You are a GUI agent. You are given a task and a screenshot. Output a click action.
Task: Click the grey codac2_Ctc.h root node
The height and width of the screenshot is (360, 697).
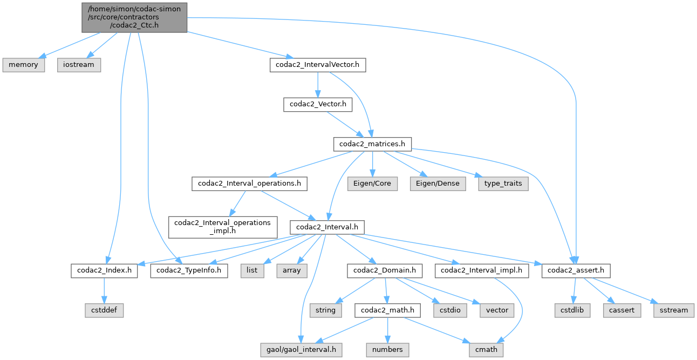[x=135, y=17]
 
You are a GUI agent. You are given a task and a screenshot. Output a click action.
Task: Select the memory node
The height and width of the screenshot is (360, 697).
[x=23, y=65]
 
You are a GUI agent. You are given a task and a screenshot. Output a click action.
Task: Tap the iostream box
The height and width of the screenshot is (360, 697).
[x=79, y=65]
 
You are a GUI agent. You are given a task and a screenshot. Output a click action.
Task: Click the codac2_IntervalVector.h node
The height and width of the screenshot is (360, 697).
[x=318, y=65]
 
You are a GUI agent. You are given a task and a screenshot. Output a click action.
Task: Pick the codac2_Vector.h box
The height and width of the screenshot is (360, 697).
[x=318, y=105]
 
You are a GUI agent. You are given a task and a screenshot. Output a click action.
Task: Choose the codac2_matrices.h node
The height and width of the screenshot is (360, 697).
[x=372, y=144]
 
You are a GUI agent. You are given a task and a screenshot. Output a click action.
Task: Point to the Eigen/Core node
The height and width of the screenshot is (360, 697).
[x=372, y=184]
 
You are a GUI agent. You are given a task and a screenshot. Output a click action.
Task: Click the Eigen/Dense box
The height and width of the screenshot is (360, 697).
[x=438, y=184]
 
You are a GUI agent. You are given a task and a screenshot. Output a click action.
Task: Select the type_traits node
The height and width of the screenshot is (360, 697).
[x=502, y=184]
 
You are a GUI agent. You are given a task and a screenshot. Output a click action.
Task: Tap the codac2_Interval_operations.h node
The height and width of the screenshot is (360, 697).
[x=249, y=184]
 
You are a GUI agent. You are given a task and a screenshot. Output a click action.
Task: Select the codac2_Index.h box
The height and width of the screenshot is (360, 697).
[x=104, y=270]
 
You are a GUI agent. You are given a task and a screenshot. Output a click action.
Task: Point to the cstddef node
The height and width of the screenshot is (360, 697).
[x=104, y=310]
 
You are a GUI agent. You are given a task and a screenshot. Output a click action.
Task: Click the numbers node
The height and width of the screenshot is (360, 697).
[x=387, y=350]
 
